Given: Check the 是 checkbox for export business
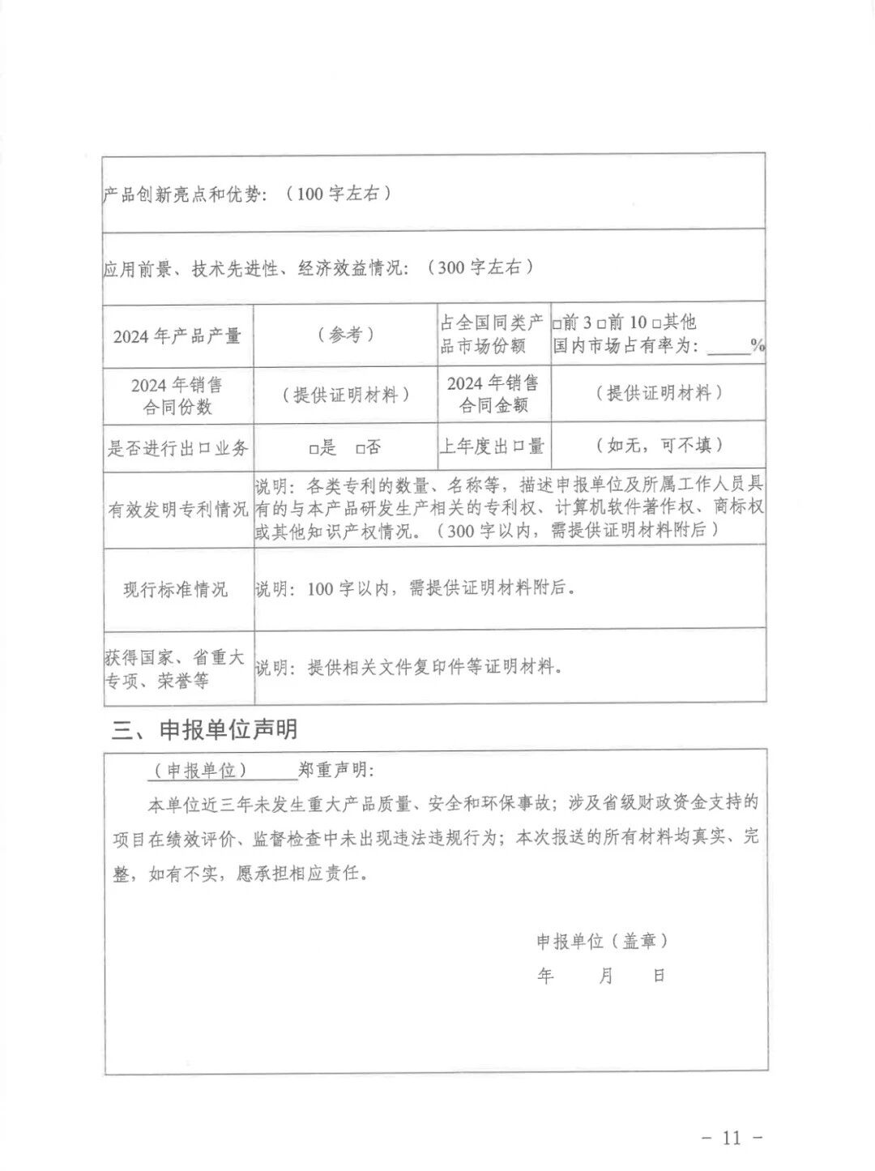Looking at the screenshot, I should click(x=313, y=448).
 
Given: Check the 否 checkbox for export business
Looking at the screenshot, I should click(x=359, y=448).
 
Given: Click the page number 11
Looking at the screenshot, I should click(x=731, y=1137).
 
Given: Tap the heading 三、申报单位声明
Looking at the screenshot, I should click(x=204, y=729).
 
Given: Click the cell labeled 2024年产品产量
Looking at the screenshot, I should click(x=177, y=335).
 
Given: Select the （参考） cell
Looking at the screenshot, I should click(x=346, y=335).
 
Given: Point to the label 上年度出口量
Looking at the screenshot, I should click(x=493, y=446).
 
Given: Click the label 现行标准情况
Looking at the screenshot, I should click(x=176, y=589).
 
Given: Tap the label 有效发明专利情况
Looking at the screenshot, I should click(x=178, y=509).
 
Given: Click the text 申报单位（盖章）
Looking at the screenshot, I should click(x=602, y=941).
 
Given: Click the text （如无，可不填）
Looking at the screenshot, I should click(x=658, y=445).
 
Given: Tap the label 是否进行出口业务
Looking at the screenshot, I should click(x=178, y=448).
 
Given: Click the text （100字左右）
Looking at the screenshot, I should click(x=344, y=194).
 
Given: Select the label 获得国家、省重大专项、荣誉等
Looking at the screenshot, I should click(x=175, y=669).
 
